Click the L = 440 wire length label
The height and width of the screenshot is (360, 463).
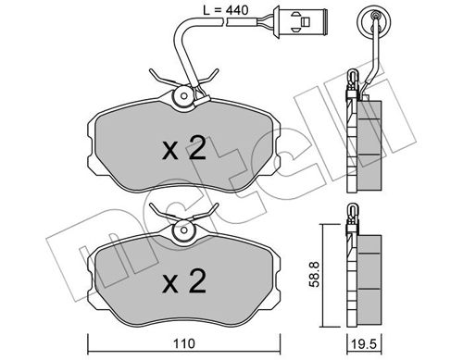[x=226, y=10]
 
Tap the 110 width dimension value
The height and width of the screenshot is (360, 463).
[x=184, y=343]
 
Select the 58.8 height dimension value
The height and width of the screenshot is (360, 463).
[x=315, y=274]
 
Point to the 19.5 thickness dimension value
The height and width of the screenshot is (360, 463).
[x=365, y=344]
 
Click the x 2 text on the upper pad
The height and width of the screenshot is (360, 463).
[x=184, y=149]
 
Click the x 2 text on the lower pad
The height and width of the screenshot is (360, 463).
[x=184, y=281]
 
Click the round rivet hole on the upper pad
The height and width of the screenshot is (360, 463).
[x=184, y=96]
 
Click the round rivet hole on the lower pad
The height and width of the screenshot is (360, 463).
[x=184, y=230]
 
